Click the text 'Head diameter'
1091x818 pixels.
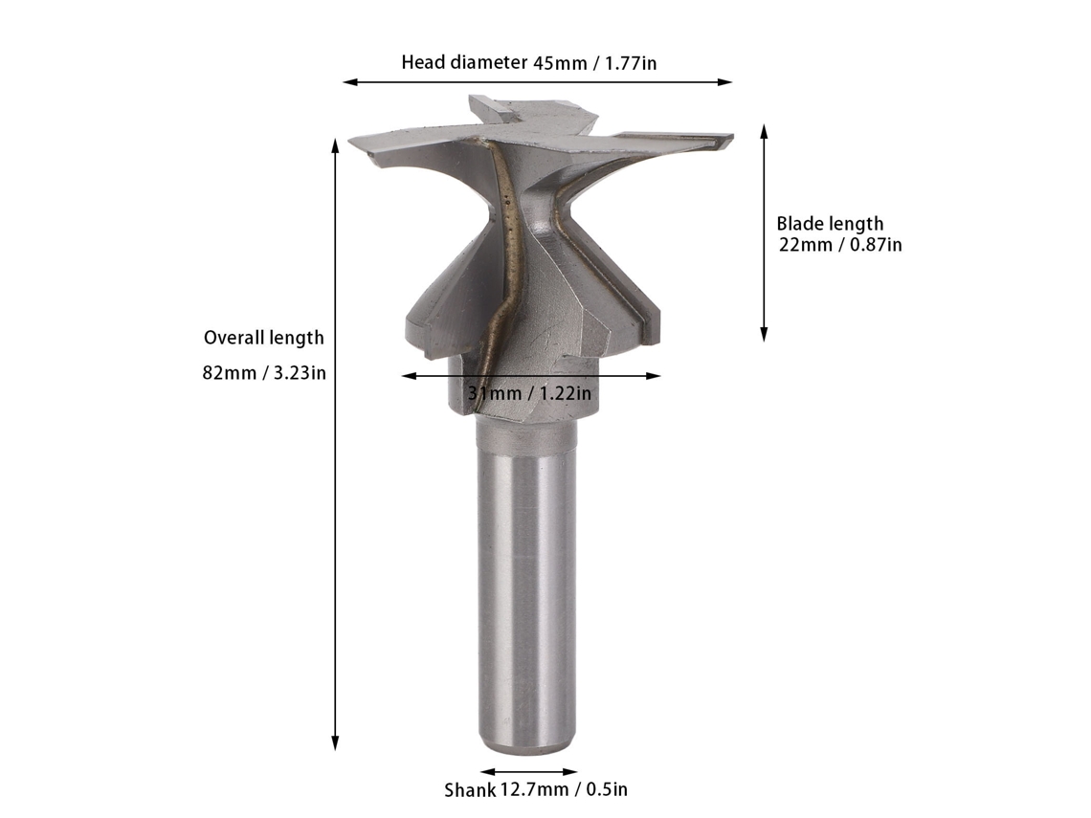pyautogui.click(x=464, y=62)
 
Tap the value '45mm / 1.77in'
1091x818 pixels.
pyautogui.click(x=595, y=63)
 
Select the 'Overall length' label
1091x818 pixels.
pyautogui.click(x=264, y=338)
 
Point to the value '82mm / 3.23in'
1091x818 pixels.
pyautogui.click(x=264, y=373)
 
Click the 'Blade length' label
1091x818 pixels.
pyautogui.click(x=830, y=224)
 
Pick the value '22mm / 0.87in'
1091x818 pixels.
pyautogui.click(x=840, y=245)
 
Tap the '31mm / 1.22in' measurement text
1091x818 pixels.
pyautogui.click(x=529, y=393)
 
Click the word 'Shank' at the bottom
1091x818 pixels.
pyautogui.click(x=470, y=790)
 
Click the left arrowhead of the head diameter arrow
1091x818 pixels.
pyautogui.click(x=345, y=82)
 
